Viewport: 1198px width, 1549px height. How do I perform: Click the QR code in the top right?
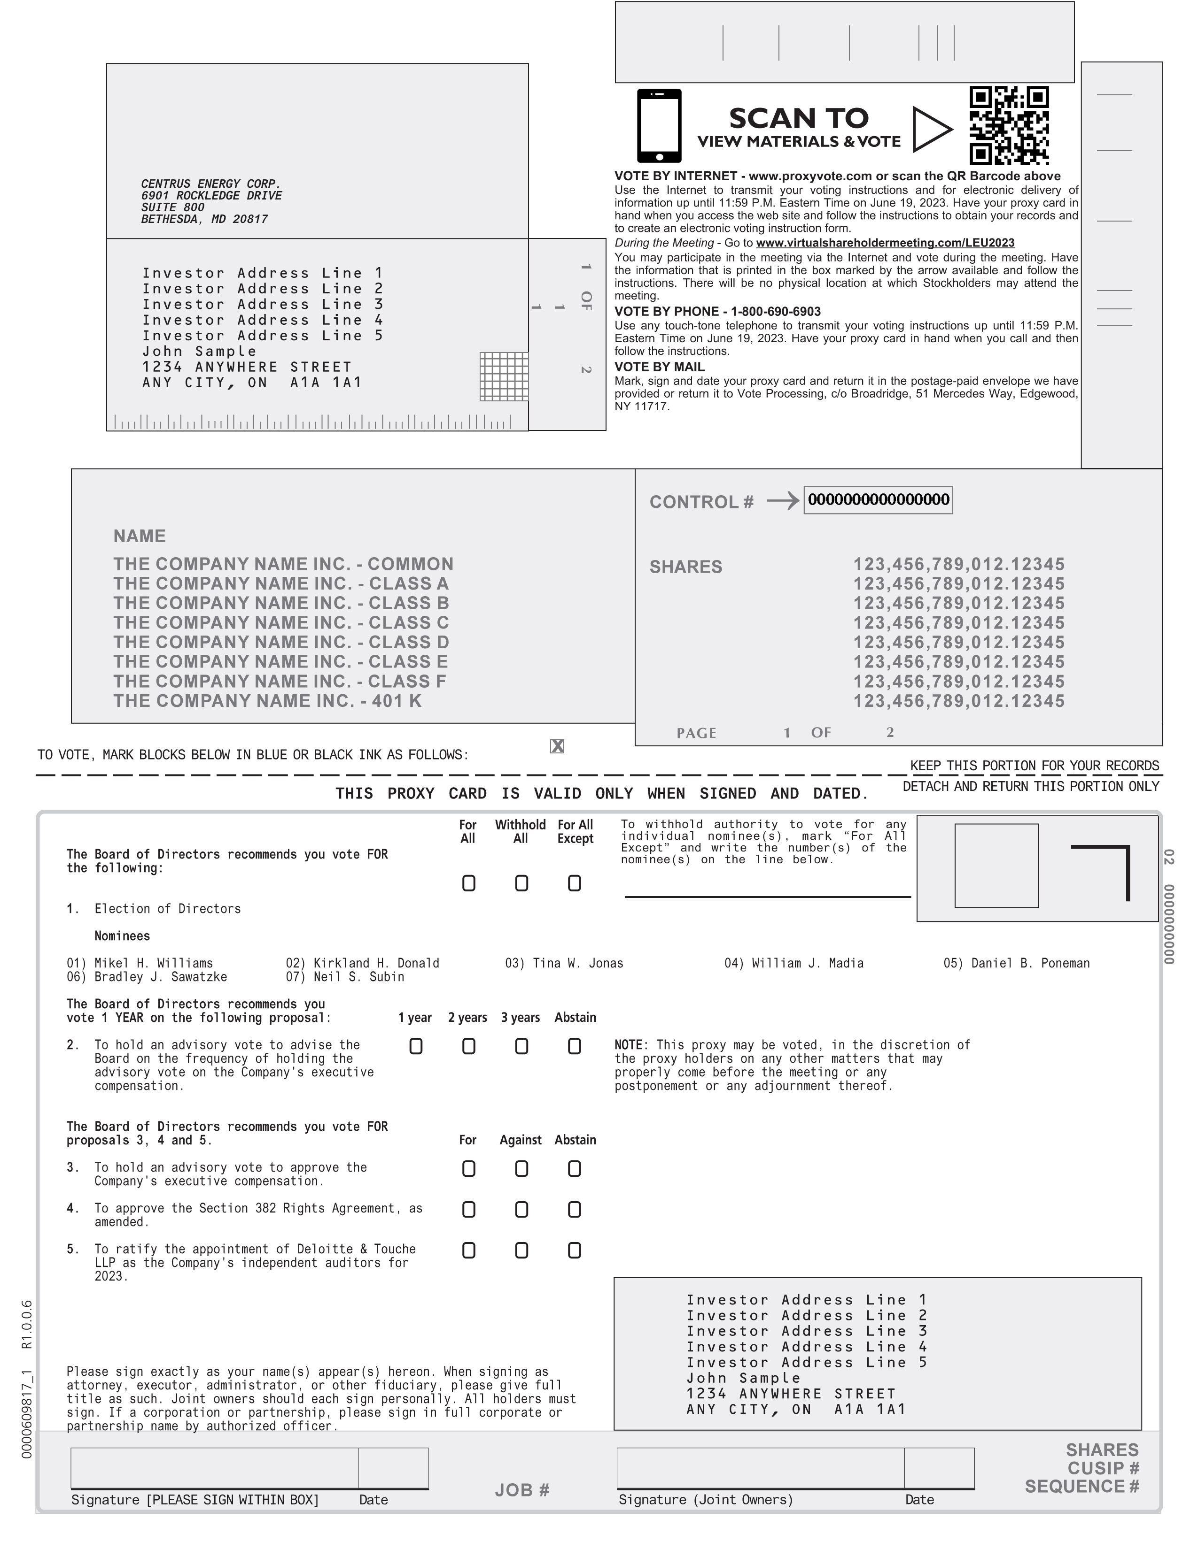coord(1009,125)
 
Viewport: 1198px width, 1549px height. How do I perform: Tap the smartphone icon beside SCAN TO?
coord(659,125)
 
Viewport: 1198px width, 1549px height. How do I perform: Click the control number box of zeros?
coord(878,500)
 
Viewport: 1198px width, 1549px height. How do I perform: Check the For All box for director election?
coord(468,883)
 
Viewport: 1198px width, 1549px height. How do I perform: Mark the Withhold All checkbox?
coord(521,883)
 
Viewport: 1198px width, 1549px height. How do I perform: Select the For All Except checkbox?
coord(574,883)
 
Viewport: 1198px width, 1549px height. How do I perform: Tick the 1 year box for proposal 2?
coord(416,1046)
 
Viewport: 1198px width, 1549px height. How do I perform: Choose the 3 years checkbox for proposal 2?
coord(521,1046)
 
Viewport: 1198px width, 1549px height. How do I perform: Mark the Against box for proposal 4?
coord(521,1209)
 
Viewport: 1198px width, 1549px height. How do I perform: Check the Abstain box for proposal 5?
coord(574,1250)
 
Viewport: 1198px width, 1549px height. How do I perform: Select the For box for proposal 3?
coord(468,1169)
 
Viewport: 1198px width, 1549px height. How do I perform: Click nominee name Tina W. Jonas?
coord(564,963)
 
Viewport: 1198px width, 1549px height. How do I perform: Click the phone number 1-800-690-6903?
coord(776,311)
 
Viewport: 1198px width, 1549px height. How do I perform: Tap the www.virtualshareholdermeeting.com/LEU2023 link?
coord(885,243)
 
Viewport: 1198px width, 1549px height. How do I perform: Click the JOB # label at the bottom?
coord(522,1489)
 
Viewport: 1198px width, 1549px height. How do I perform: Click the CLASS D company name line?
coord(281,642)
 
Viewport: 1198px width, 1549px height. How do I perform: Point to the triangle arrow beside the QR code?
coord(930,129)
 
